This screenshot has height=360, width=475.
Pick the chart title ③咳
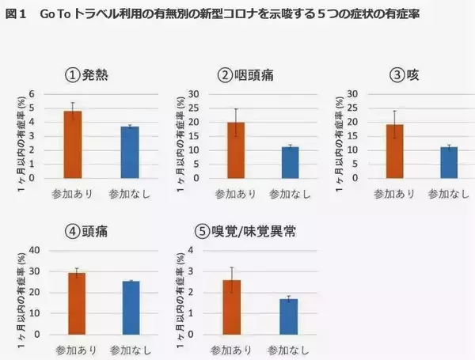click(x=402, y=75)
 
